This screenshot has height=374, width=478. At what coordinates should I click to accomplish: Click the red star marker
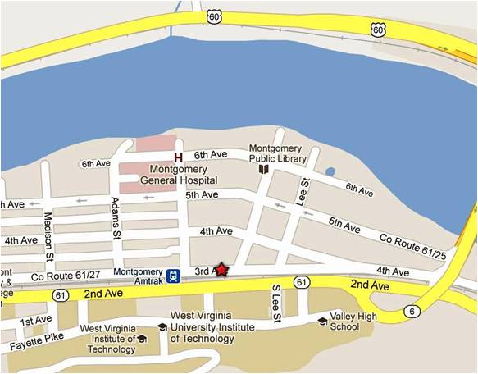tap(221, 270)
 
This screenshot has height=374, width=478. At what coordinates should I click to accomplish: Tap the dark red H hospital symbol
tap(178, 156)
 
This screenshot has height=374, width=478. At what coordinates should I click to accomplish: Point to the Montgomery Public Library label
tap(278, 153)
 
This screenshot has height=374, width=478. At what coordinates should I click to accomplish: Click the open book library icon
tap(264, 170)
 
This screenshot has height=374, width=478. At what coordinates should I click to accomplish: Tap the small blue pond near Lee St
tap(330, 172)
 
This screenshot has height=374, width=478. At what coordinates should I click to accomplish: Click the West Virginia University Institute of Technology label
tap(212, 321)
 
